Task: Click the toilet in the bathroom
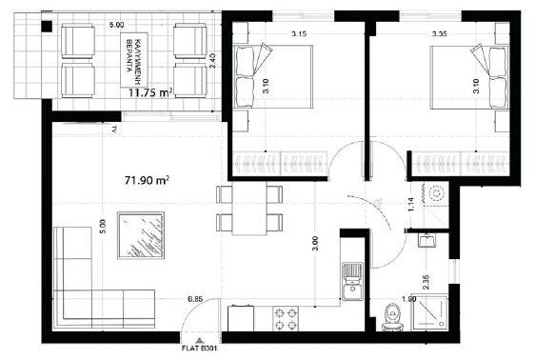(391, 317)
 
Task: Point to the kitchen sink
(353, 275)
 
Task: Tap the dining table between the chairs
(249, 210)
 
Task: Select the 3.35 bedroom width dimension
(440, 32)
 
